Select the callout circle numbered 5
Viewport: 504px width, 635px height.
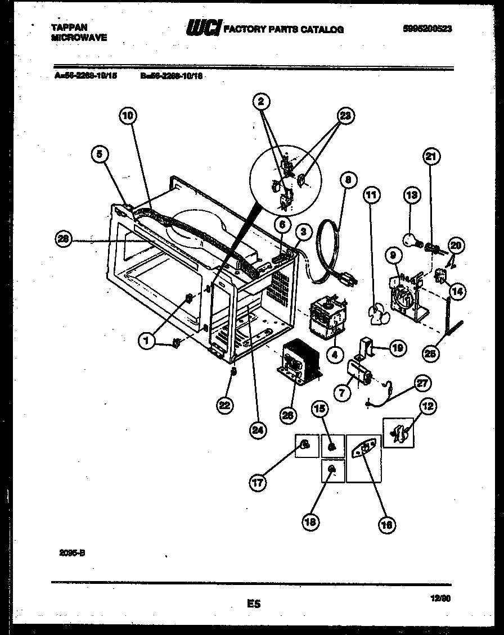pos(100,155)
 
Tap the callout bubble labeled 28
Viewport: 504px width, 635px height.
pos(64,239)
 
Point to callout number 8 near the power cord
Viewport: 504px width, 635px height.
pos(348,180)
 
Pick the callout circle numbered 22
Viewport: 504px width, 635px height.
pos(225,405)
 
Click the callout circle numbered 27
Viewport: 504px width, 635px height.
pos(422,383)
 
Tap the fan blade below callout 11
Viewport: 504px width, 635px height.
pos(376,315)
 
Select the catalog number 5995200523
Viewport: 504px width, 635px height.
pos(427,29)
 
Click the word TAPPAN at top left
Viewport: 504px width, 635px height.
pos(65,26)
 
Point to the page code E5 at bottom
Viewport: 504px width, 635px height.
pos(254,604)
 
